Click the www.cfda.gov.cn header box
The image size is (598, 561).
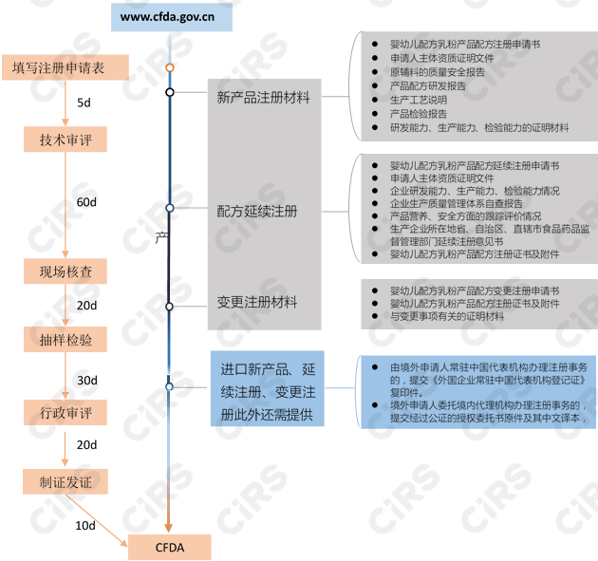pos(168,17)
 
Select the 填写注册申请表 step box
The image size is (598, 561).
pos(65,67)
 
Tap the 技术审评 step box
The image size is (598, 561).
pos(65,140)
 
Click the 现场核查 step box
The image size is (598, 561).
pos(65,271)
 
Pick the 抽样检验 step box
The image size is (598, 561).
pos(65,339)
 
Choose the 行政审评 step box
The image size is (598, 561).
pos(65,414)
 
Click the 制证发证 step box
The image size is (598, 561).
pos(65,481)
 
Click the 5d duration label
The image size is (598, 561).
pos(84,102)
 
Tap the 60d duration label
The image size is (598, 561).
pos(86,203)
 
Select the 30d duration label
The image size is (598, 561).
pos(86,380)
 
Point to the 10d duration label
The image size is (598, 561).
pos(85,525)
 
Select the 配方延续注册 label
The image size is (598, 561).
pos(257,211)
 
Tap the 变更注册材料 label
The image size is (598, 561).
pos(257,303)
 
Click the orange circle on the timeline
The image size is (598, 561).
pos(169,68)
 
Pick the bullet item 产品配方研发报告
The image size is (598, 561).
pos(427,85)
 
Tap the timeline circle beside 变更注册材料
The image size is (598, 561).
pos(169,307)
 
